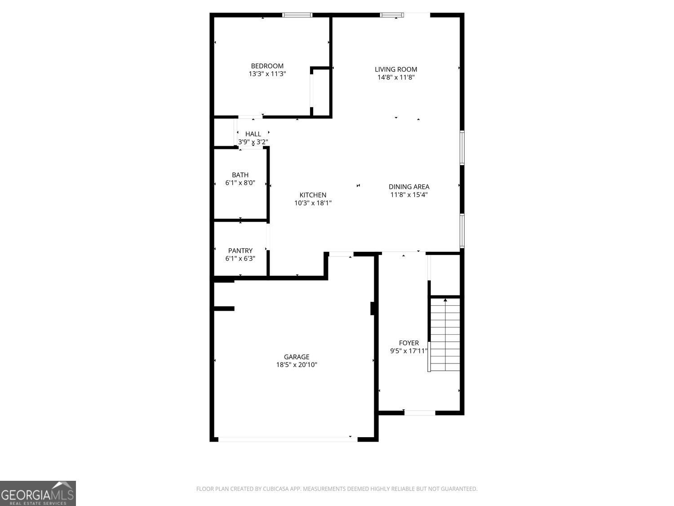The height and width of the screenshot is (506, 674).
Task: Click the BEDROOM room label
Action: [x=267, y=66]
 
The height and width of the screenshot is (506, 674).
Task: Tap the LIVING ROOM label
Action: [x=396, y=69]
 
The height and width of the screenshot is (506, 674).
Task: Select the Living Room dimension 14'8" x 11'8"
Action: [x=396, y=77]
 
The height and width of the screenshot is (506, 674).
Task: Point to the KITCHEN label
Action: [x=313, y=195]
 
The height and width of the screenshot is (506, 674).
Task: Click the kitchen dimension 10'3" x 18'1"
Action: [x=313, y=203]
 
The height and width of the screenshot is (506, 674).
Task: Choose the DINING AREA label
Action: [x=409, y=187]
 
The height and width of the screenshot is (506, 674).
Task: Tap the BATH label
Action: [x=240, y=175]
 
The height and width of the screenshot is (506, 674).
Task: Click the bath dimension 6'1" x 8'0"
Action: [x=240, y=183]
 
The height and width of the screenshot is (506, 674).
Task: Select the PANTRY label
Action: [x=240, y=251]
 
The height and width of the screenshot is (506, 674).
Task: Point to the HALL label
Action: [x=253, y=134]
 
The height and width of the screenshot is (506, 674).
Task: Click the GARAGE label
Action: [x=297, y=357]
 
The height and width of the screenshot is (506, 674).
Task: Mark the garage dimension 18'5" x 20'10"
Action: [x=297, y=365]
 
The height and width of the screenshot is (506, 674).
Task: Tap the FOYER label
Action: [x=409, y=343]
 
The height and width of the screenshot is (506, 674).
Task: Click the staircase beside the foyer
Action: [x=445, y=335]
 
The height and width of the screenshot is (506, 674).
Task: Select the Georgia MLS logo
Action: [x=38, y=493]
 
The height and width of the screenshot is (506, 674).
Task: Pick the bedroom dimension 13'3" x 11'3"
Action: [x=267, y=74]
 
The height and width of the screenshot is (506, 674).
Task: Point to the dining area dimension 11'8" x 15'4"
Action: [x=409, y=195]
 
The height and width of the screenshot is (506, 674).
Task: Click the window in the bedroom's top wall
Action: [x=297, y=15]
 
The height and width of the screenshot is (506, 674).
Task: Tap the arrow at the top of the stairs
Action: [x=445, y=300]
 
